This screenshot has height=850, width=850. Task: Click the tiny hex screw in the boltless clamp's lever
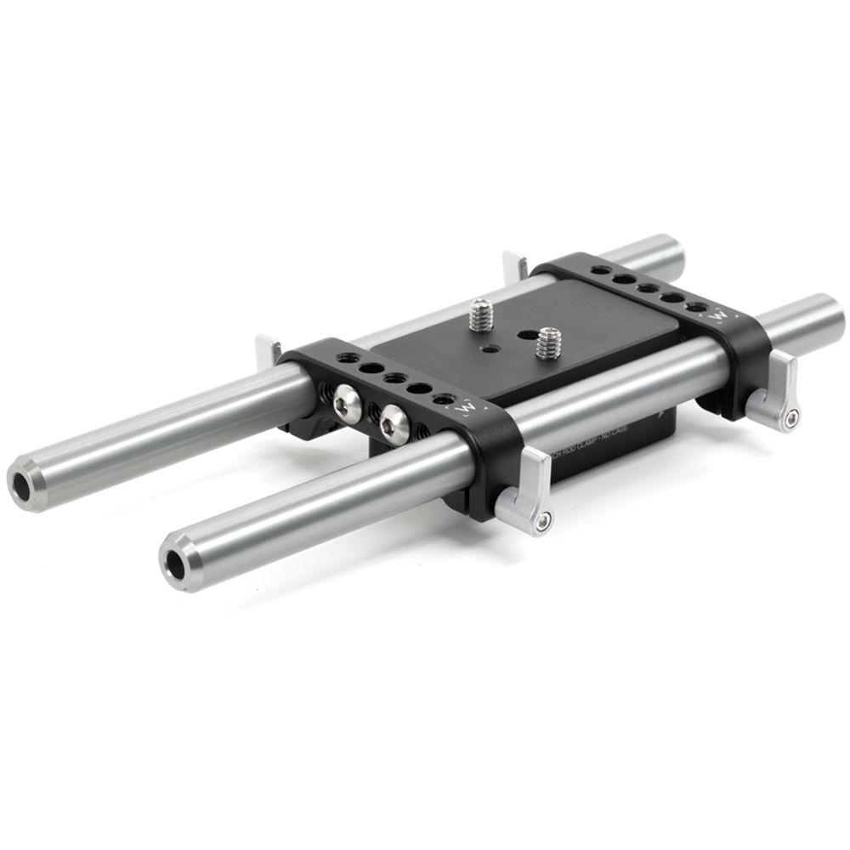click(792, 416)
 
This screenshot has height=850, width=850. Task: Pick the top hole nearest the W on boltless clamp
click(697, 307)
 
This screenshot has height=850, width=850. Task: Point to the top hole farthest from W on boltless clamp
click(601, 269)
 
